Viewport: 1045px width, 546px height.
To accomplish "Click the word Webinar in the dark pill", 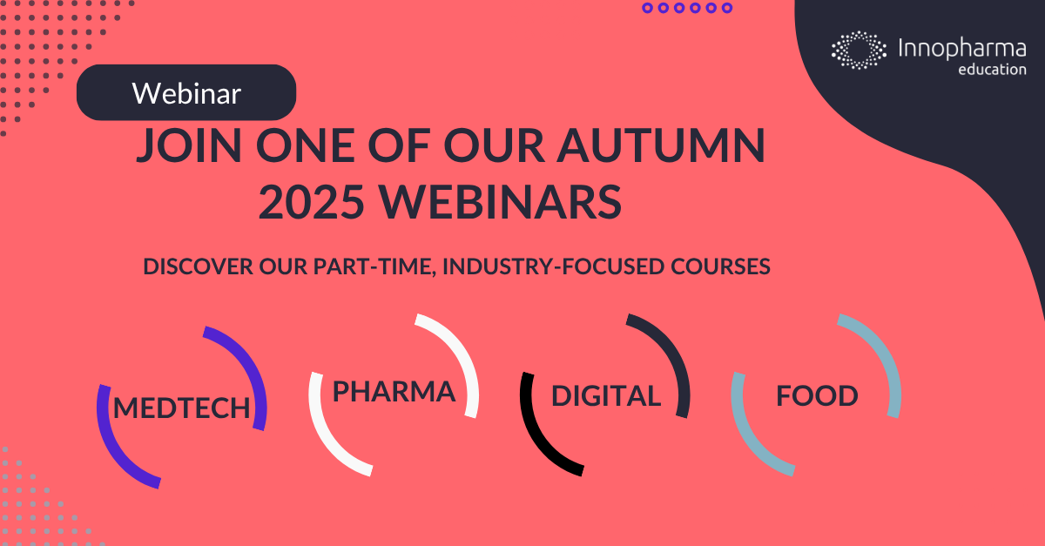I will pos(186,93).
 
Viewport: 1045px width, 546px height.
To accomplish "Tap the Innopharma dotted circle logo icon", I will pos(858,50).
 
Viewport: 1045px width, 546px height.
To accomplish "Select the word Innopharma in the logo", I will pos(961,49).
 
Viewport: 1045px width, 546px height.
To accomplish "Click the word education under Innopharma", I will pos(991,69).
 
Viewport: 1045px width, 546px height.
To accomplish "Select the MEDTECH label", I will pos(182,408).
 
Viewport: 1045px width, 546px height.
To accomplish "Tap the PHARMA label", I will pos(394,392).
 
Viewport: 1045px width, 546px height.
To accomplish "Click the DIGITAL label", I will pos(606,396).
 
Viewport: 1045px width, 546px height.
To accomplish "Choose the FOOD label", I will pos(817,396).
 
